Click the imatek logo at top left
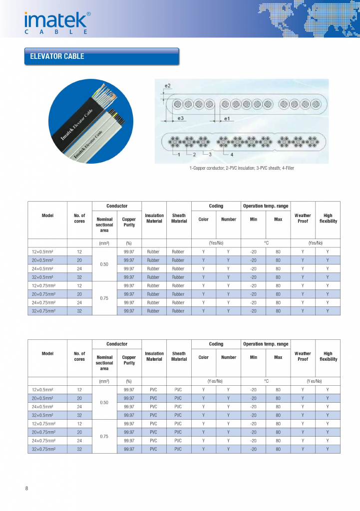pyautogui.click(x=57, y=23)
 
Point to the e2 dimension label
pyautogui.click(x=168, y=86)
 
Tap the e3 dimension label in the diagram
pyautogui.click(x=181, y=119)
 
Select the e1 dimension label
pyautogui.click(x=227, y=119)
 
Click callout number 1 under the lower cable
pyautogui.click(x=178, y=155)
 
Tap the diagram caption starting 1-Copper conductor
pyautogui.click(x=242, y=168)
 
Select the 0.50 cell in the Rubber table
pyautogui.click(x=104, y=264)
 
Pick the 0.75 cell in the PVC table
pyautogui.click(x=104, y=436)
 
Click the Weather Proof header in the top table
pyautogui.click(x=303, y=219)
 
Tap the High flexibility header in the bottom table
pyautogui.click(x=328, y=356)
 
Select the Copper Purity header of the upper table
pyautogui.click(x=129, y=222)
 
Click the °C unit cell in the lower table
pyautogui.click(x=266, y=381)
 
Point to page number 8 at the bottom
pyautogui.click(x=26, y=488)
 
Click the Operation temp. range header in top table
pyautogui.click(x=265, y=206)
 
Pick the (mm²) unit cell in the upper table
pyautogui.click(x=104, y=243)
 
